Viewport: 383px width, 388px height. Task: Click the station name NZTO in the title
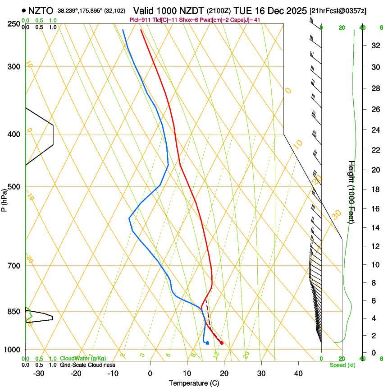coord(40,10)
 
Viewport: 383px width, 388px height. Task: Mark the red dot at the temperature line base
coord(222,343)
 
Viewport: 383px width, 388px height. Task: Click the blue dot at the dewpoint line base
coord(207,343)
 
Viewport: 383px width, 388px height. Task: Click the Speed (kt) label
coord(342,365)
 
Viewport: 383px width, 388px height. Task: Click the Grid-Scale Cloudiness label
coord(87,365)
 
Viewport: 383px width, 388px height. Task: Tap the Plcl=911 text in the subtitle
coord(140,20)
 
